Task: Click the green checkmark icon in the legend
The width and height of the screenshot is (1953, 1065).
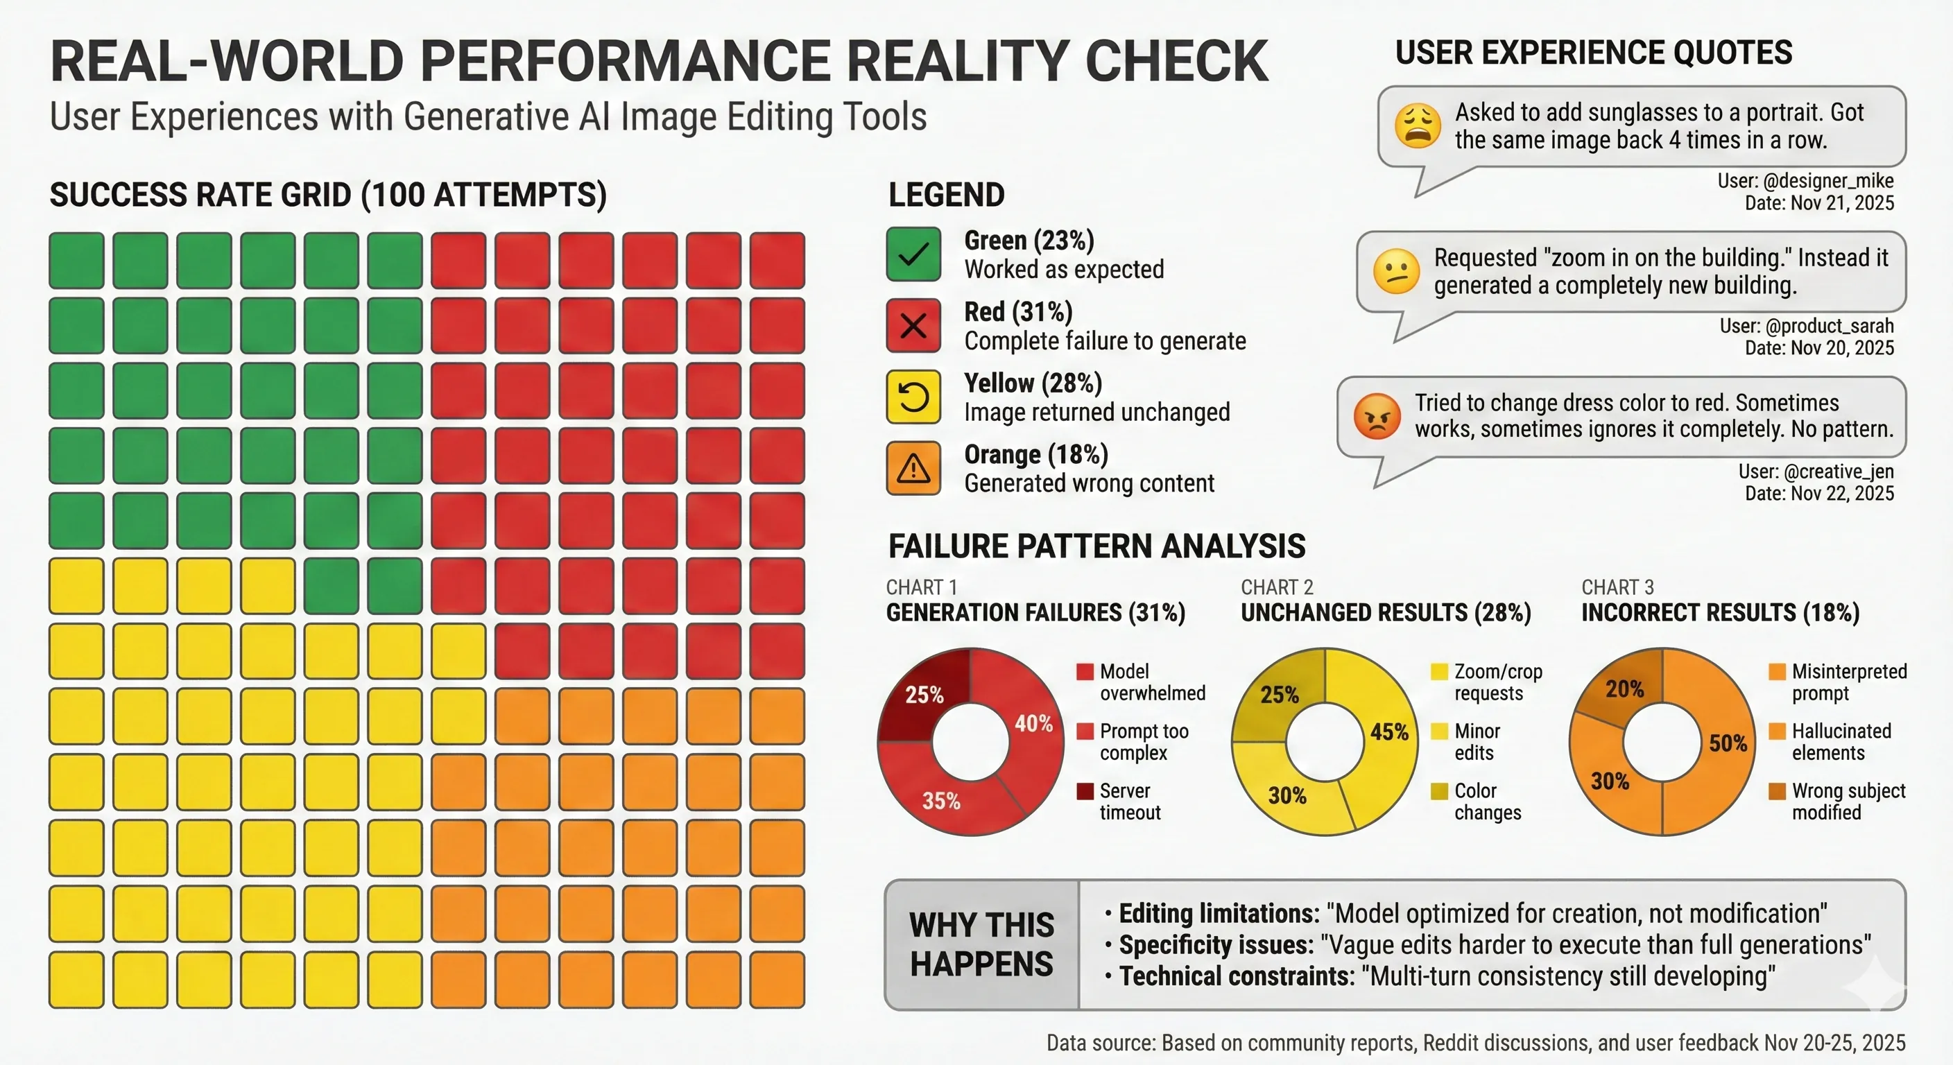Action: coord(913,254)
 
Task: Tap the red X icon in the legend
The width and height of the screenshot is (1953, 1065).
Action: coord(913,326)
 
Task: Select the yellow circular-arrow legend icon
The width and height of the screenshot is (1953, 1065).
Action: coord(913,397)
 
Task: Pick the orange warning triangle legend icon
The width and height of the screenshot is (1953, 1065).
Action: coord(913,469)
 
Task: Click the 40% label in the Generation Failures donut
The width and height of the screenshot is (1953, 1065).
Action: coord(1033,723)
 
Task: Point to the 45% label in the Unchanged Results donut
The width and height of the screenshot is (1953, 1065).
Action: coord(1389,731)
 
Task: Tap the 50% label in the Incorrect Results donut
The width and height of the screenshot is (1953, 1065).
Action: coord(1728,743)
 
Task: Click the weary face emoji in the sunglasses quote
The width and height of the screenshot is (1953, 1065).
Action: coord(1418,125)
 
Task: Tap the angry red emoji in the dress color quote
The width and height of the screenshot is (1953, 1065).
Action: coord(1377,416)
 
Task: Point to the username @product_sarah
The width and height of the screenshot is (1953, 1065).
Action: coord(1829,326)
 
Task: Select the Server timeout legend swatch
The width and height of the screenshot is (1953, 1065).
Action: coord(1085,791)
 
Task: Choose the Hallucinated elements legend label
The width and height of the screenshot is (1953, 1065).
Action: coord(1841,741)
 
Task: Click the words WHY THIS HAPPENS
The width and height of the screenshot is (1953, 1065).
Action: coord(981,944)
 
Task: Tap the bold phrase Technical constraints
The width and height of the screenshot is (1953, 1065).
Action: coord(1237,976)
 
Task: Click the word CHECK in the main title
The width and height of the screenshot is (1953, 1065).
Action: coord(1176,62)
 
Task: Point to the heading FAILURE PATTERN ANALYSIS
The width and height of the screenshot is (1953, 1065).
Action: coord(1096,546)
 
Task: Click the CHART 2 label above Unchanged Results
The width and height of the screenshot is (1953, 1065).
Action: coord(1277,587)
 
